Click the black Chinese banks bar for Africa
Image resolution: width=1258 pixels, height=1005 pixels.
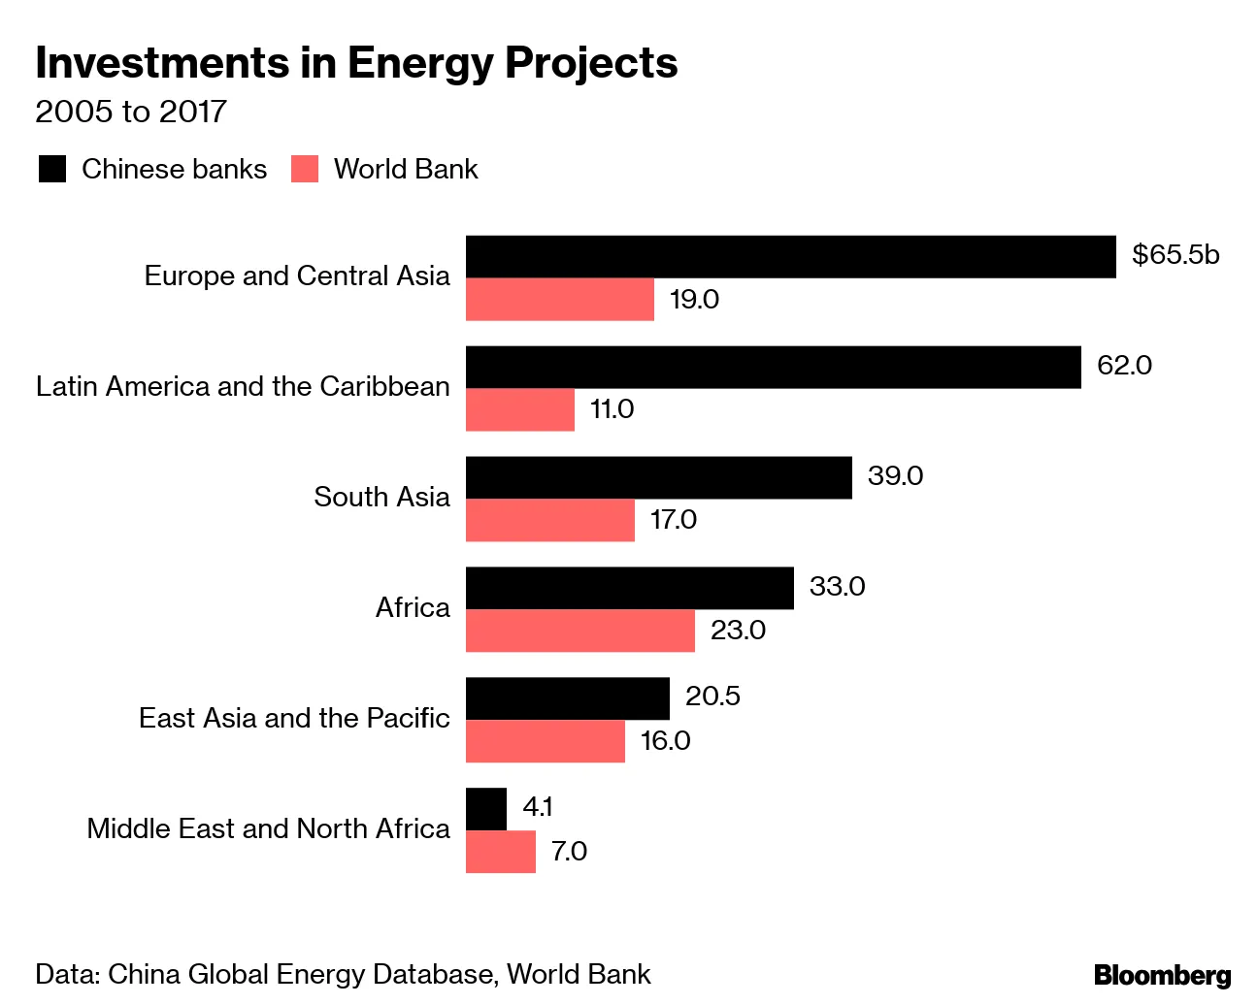629,588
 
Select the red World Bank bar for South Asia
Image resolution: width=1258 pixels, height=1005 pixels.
549,520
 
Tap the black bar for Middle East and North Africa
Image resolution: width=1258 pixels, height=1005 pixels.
485,809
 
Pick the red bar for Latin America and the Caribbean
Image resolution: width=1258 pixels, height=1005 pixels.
519,409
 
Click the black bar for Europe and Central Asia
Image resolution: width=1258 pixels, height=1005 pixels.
790,256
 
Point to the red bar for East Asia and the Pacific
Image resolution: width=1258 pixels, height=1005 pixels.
545,741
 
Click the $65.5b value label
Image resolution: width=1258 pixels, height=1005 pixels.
1175,254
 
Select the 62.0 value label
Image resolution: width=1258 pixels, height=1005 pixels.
1124,366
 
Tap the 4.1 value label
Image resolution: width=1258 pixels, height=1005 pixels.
537,807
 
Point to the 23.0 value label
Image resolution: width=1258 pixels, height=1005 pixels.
738,631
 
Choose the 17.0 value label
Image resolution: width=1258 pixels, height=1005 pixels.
673,520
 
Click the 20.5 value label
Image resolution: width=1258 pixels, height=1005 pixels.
712,697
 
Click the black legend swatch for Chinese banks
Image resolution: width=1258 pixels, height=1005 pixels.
52,169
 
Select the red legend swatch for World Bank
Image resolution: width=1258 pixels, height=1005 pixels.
305,169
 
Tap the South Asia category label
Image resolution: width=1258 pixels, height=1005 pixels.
381,498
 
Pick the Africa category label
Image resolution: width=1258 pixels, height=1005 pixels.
413,608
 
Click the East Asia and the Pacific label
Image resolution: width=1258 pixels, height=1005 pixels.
294,719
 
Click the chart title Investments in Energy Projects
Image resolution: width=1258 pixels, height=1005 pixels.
356,63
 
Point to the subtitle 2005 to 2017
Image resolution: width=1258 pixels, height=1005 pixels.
131,112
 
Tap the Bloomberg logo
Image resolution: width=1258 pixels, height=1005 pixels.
1162,975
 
